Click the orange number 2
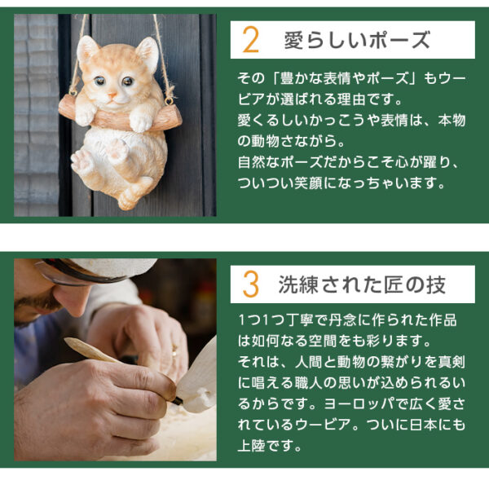pos(251,39)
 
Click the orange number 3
pos(251,284)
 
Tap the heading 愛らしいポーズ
pos(356,40)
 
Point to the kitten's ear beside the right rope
pos(147,52)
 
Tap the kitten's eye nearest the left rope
pos(99,82)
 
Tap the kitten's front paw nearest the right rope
pos(142,121)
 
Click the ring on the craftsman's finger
pos(173,352)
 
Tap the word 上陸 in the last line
pos(252,446)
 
